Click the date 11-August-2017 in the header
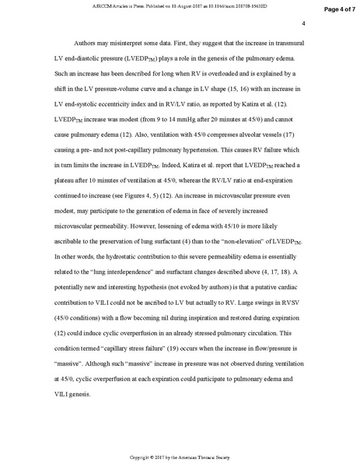(170, 5)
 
